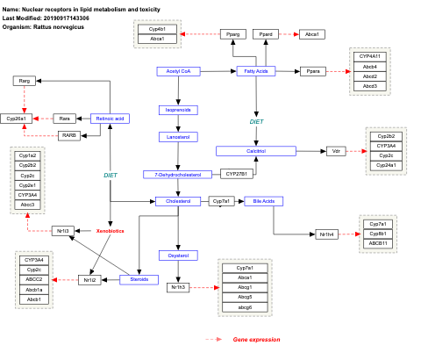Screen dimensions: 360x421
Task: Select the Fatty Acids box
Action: [256, 70]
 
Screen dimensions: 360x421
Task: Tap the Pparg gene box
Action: [233, 33]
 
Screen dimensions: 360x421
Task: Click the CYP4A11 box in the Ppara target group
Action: [370, 56]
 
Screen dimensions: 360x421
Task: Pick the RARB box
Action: [69, 135]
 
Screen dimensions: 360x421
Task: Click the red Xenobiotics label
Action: [110, 231]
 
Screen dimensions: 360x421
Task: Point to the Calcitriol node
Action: [256, 151]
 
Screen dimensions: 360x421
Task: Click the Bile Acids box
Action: [263, 201]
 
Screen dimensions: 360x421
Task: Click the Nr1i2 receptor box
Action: [89, 280]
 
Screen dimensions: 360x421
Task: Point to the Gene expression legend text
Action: [256, 339]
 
